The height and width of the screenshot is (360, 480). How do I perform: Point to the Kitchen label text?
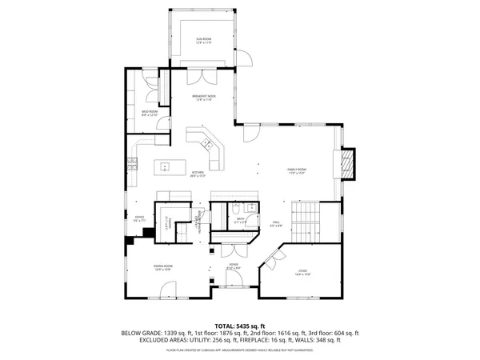pos(198,174)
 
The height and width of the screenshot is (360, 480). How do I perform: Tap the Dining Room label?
pos(163,267)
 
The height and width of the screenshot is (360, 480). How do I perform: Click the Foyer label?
pos(234,266)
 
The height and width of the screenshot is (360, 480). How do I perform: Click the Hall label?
pos(274,223)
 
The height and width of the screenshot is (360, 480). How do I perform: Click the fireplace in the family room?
pos(346,166)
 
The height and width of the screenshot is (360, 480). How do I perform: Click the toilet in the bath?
pos(250,208)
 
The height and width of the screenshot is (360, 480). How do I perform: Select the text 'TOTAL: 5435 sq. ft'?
pos(240,326)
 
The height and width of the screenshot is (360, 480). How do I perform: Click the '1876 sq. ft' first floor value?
pos(230,333)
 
